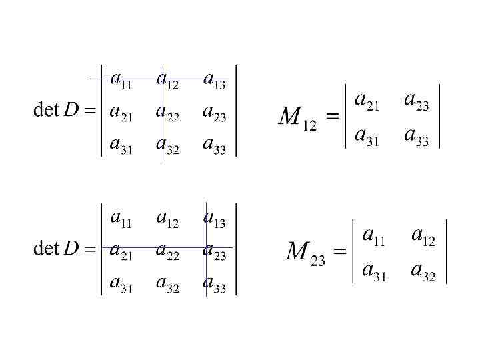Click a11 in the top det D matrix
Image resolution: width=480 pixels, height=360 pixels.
pyautogui.click(x=121, y=81)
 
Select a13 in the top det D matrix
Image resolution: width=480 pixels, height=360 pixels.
pyautogui.click(x=215, y=81)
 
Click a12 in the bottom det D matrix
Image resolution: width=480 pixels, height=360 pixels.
pyautogui.click(x=167, y=219)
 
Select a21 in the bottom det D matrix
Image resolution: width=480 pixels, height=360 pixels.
pyautogui.click(x=121, y=251)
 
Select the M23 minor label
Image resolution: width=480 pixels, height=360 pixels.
pyautogui.click(x=305, y=253)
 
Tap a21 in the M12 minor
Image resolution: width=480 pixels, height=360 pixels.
pyautogui.click(x=367, y=101)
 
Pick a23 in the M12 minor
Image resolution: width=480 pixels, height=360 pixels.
pyautogui.click(x=417, y=101)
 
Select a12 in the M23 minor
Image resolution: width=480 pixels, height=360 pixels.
pyautogui.click(x=424, y=236)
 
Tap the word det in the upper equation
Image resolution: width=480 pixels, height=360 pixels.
pyautogui.click(x=47, y=110)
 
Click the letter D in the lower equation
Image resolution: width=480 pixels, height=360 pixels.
pyautogui.click(x=71, y=249)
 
